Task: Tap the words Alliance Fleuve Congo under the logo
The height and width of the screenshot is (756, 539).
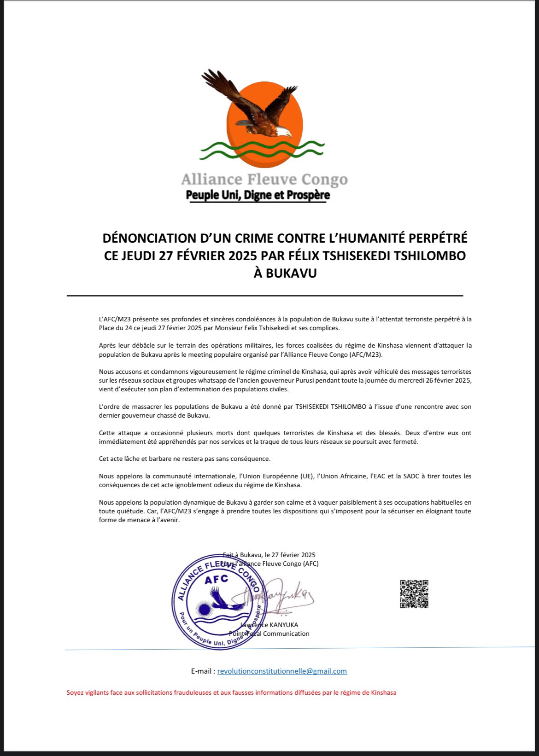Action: (x=264, y=179)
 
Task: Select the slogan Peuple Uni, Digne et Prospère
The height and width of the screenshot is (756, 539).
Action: (x=258, y=195)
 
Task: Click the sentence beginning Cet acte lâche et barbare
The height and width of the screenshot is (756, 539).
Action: (x=185, y=459)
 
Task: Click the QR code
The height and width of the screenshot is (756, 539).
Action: (x=414, y=594)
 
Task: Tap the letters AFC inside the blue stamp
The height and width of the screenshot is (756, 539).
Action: (x=216, y=579)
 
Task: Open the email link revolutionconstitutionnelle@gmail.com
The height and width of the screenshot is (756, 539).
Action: (x=282, y=671)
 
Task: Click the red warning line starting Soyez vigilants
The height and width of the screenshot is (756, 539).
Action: (x=231, y=692)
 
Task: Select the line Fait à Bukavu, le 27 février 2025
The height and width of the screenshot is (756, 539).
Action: (x=269, y=555)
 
